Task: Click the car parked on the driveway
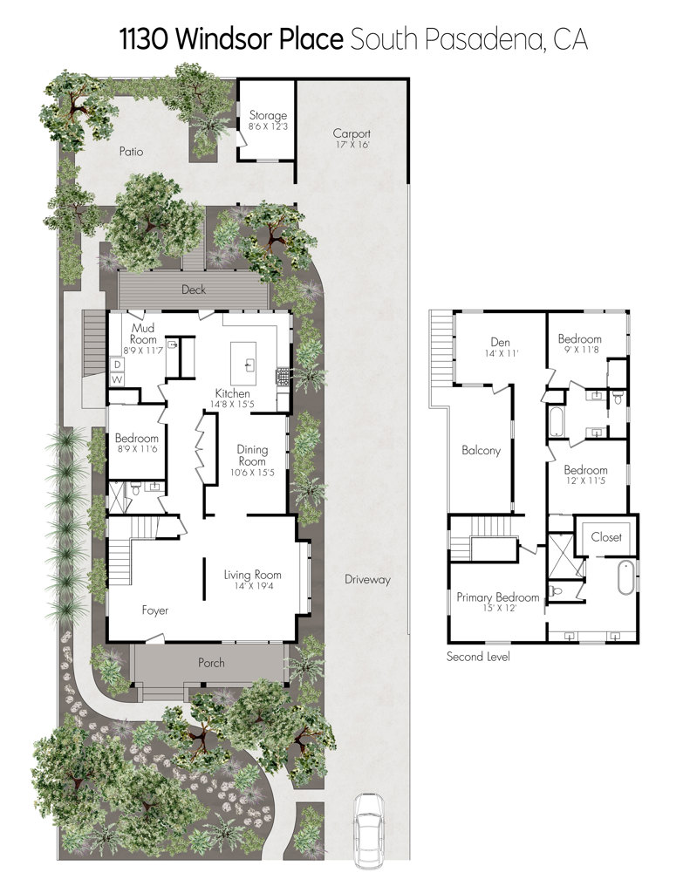[x=369, y=831]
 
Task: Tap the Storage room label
[x=268, y=115]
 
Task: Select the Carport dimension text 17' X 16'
[x=352, y=145]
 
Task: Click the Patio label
[x=131, y=152]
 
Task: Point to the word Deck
[x=194, y=290]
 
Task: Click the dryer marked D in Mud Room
[x=118, y=365]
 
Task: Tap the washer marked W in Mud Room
[x=118, y=378]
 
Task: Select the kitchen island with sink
[x=243, y=364]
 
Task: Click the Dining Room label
[x=252, y=455]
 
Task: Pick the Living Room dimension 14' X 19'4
[x=252, y=585]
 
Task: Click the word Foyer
[x=155, y=610]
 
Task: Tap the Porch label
[x=211, y=663]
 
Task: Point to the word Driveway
[x=367, y=580]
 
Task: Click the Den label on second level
[x=500, y=342]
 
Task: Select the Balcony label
[x=481, y=451]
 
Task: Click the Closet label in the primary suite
[x=606, y=536]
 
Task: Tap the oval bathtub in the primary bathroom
[x=625, y=577]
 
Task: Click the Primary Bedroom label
[x=498, y=597]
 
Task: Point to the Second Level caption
[x=478, y=656]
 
